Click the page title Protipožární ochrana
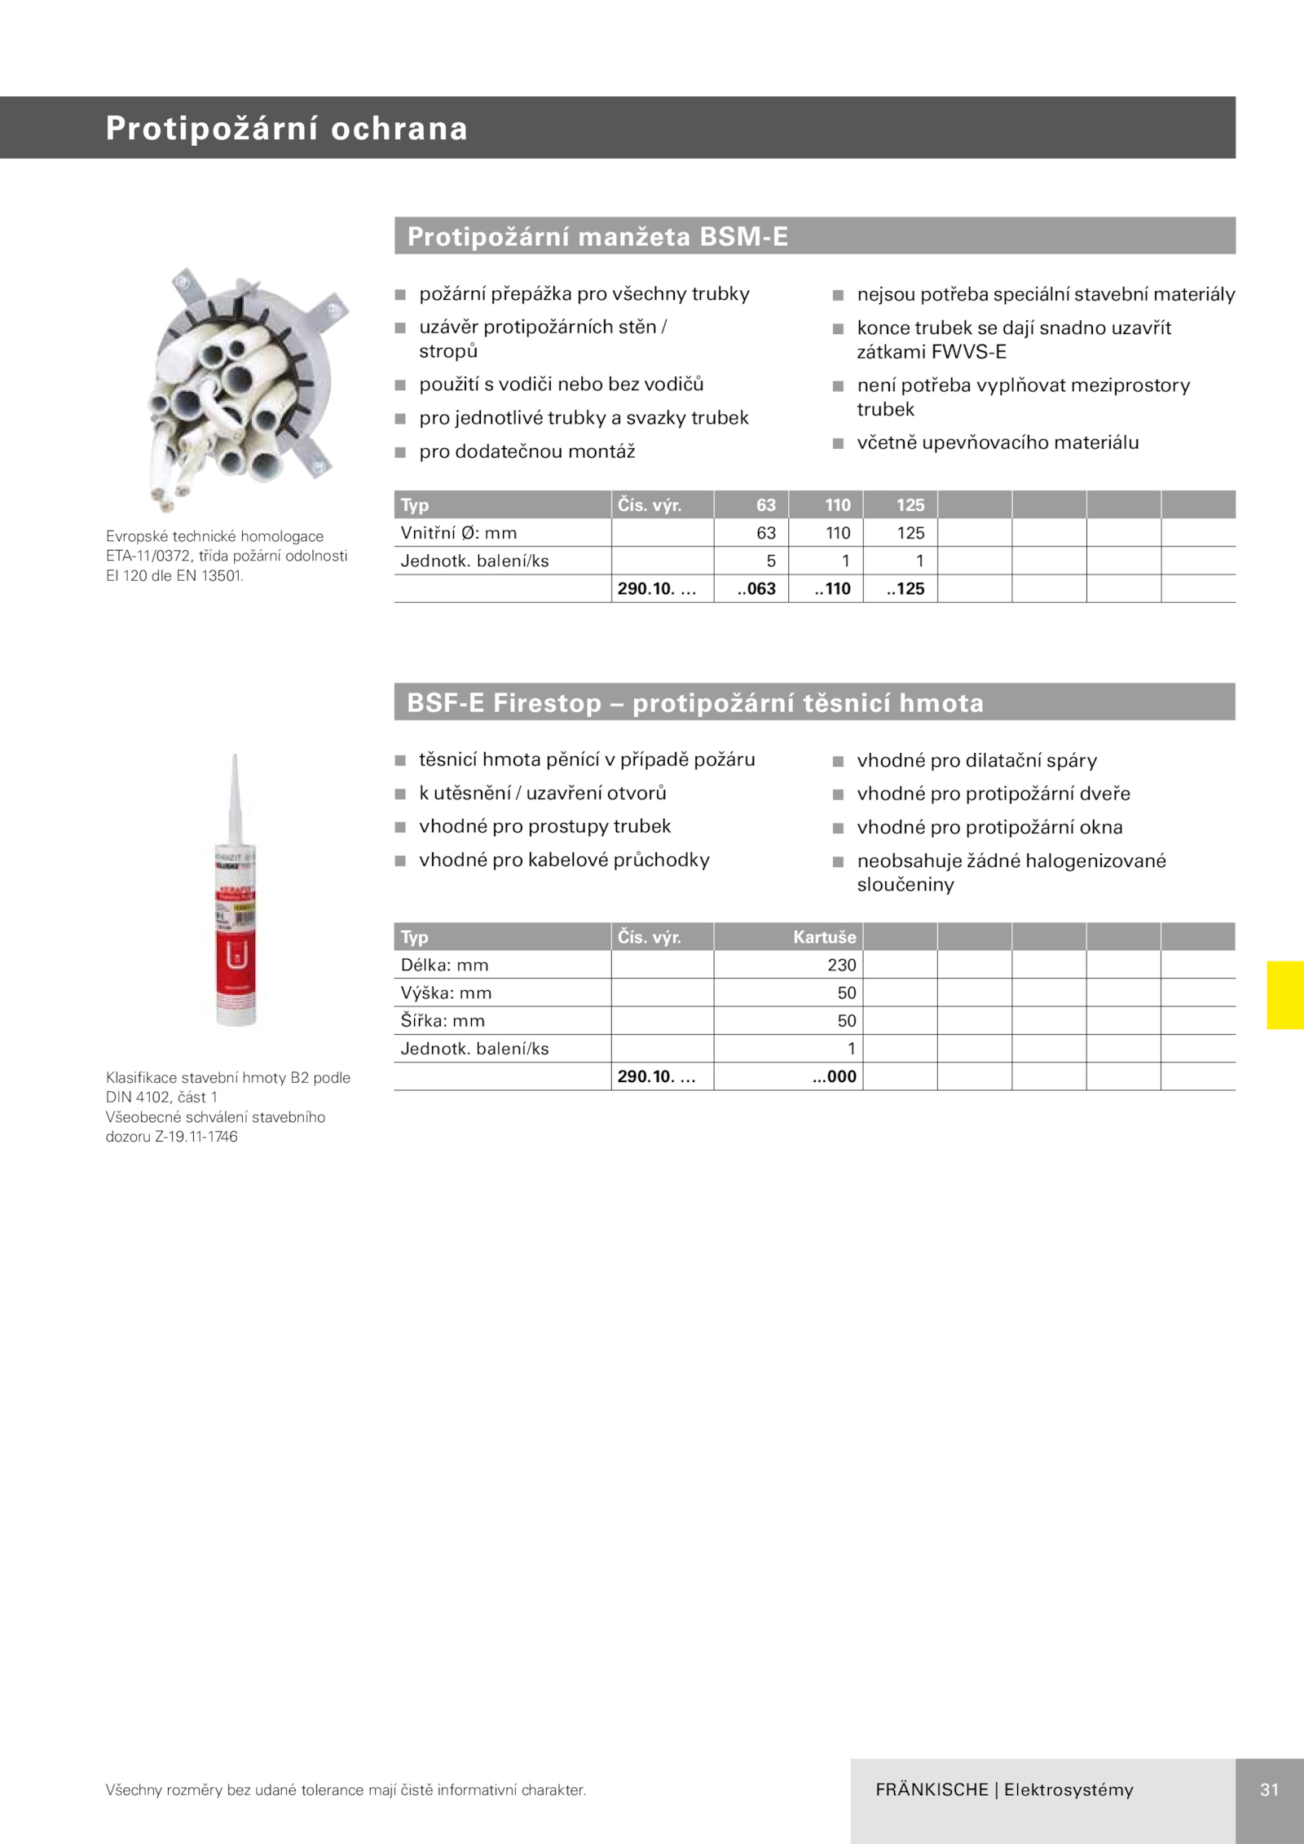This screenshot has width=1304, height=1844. point(286,129)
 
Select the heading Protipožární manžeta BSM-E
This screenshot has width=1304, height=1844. point(597,236)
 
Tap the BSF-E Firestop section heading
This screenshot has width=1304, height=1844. point(695,702)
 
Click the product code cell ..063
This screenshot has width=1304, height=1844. point(756,588)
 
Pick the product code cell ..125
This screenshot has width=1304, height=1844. point(905,588)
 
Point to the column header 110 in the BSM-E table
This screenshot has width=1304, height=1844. point(837,505)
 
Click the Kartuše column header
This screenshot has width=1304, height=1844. point(824,937)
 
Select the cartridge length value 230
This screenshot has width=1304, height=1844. point(841,965)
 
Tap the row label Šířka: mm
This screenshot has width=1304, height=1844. point(443,1020)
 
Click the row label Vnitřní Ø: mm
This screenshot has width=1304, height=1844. point(459,533)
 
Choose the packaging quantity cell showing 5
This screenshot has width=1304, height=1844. point(770,561)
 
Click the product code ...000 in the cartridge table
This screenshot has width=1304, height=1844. point(835,1076)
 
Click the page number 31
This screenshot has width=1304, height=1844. point(1269,1789)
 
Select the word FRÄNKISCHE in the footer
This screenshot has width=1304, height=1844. point(932,1789)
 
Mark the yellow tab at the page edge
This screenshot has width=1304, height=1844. point(1284,995)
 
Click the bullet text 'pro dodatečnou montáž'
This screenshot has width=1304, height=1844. point(526,451)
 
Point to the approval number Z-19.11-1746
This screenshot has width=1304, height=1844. point(196,1136)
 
